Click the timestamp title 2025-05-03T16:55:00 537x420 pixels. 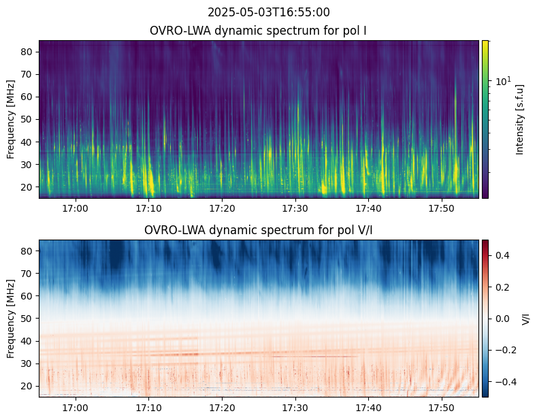click(268, 12)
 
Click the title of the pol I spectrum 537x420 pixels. click(258, 31)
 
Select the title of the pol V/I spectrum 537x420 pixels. click(258, 230)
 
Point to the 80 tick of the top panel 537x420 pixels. click(27, 52)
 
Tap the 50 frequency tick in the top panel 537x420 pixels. click(27, 120)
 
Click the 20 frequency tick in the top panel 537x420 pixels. click(27, 187)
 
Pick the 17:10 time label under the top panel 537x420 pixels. click(148, 208)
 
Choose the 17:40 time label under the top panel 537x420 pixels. click(368, 208)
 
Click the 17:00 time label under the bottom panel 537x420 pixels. click(76, 408)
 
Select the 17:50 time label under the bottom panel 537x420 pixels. click(442, 408)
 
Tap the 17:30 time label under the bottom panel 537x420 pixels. click(295, 408)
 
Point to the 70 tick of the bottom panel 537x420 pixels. click(27, 274)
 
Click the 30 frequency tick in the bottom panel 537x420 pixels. click(27, 364)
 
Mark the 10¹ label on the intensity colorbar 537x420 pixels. click(503, 81)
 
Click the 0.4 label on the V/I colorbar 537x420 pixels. click(502, 255)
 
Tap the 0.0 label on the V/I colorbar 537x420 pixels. click(502, 319)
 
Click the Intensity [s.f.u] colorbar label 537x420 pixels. click(520, 120)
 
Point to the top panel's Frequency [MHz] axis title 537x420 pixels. click(11, 120)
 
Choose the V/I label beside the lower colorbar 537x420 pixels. click(525, 319)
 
